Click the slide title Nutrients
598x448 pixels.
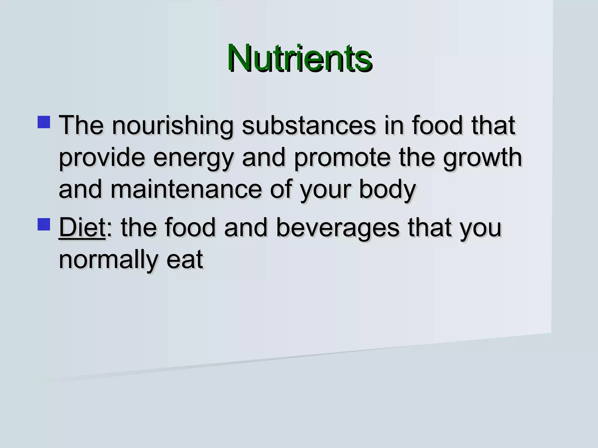click(300, 58)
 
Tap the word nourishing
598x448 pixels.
click(173, 126)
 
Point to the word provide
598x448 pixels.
click(102, 158)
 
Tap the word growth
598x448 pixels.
click(482, 158)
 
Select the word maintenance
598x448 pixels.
click(186, 190)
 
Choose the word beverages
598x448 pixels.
click(338, 228)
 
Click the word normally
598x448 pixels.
click(108, 260)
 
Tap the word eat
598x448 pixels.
click(185, 259)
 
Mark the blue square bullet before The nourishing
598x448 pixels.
click(44, 122)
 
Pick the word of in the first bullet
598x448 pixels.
click(280, 190)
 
